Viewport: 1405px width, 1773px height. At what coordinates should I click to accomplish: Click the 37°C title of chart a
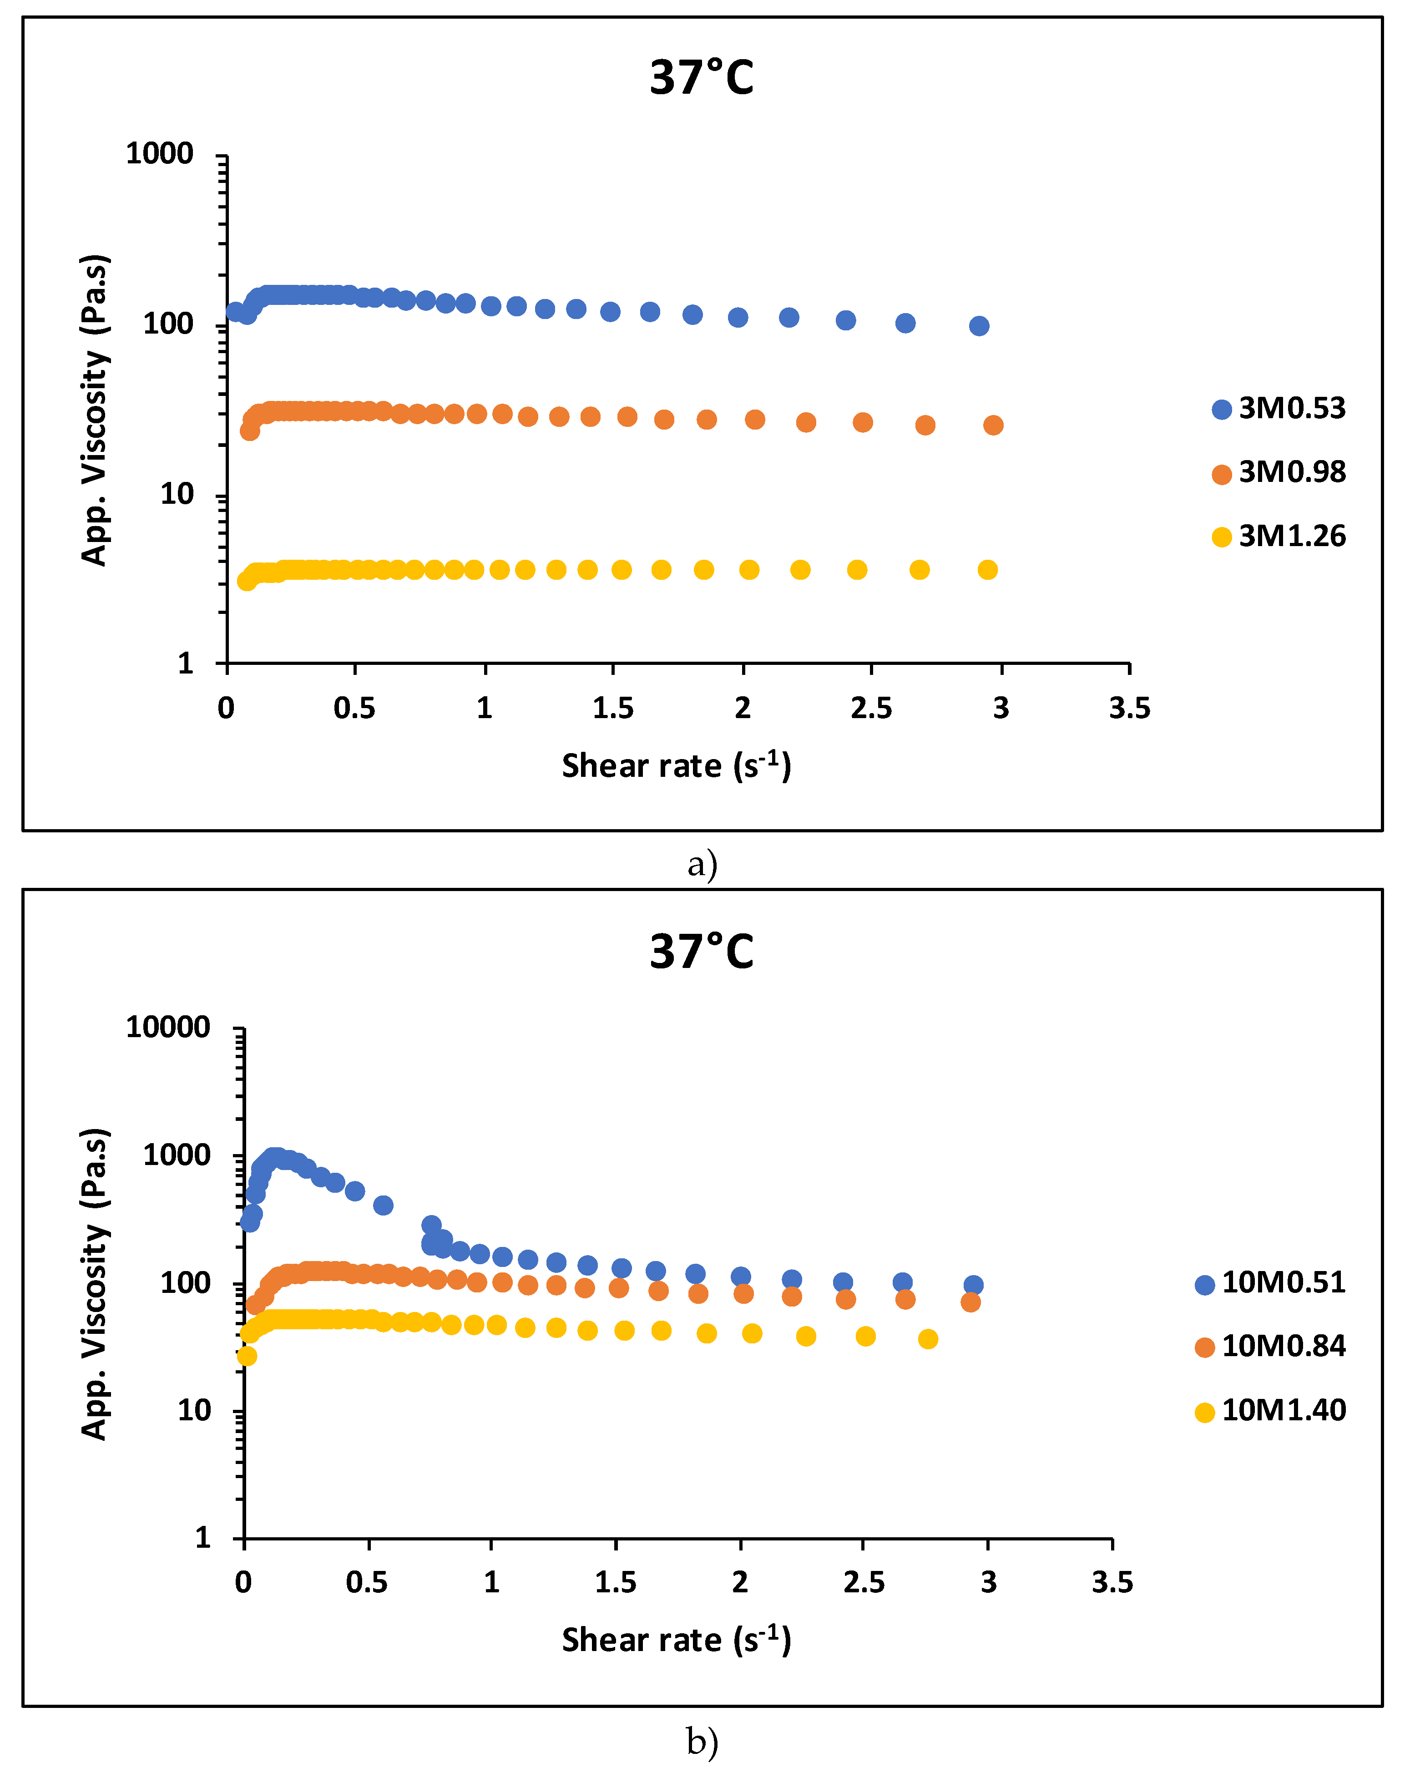pyautogui.click(x=701, y=78)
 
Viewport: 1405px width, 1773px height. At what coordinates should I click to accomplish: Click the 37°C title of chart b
pyautogui.click(x=701, y=952)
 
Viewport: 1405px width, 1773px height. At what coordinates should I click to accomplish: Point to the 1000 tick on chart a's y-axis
pyautogui.click(x=159, y=154)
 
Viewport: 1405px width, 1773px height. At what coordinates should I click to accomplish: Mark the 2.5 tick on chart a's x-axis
pyautogui.click(x=871, y=708)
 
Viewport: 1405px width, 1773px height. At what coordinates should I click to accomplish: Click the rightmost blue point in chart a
pyautogui.click(x=978, y=326)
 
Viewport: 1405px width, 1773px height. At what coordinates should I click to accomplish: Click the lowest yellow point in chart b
pyautogui.click(x=247, y=1356)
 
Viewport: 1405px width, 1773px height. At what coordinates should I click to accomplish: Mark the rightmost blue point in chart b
pyautogui.click(x=973, y=1285)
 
